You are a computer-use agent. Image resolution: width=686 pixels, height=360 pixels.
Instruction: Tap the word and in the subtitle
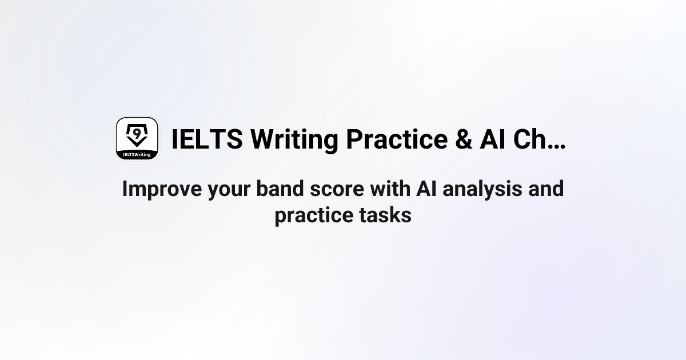(x=546, y=189)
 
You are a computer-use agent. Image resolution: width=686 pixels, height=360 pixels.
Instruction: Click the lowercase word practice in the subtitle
(x=310, y=216)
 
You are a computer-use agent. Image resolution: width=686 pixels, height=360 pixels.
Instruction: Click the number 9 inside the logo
(x=137, y=133)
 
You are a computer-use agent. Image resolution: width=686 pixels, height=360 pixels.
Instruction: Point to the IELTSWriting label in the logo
(x=137, y=154)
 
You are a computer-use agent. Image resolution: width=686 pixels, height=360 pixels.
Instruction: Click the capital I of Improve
(x=125, y=189)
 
